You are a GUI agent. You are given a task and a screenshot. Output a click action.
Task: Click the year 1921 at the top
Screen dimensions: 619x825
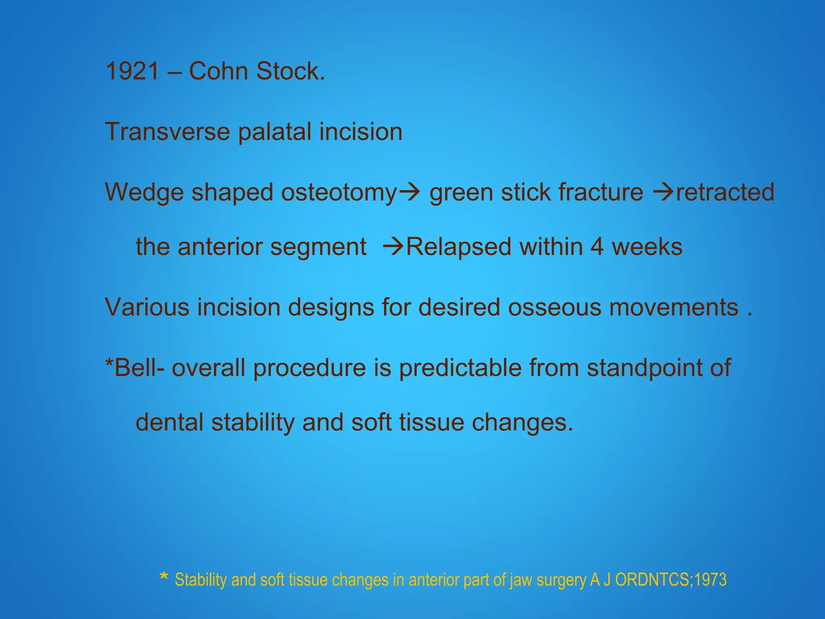(x=132, y=71)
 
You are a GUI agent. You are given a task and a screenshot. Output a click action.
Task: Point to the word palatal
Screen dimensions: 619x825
(x=275, y=132)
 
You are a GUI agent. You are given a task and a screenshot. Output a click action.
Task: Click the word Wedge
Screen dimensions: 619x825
(x=144, y=192)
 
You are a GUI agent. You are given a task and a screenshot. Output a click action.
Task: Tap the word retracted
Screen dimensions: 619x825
(x=725, y=192)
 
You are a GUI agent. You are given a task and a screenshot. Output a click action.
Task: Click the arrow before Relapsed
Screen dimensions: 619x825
(x=393, y=247)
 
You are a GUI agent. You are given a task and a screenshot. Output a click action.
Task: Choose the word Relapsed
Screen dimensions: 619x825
(x=458, y=247)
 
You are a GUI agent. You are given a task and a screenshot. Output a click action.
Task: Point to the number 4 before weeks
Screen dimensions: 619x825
(x=597, y=247)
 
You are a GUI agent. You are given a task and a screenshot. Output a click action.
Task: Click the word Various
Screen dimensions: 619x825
(x=147, y=307)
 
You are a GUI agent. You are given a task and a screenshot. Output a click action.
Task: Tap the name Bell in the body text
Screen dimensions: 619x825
(x=136, y=368)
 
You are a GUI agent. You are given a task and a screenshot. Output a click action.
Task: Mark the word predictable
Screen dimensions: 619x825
(x=460, y=368)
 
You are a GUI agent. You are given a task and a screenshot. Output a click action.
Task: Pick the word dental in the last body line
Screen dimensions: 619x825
(x=169, y=422)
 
